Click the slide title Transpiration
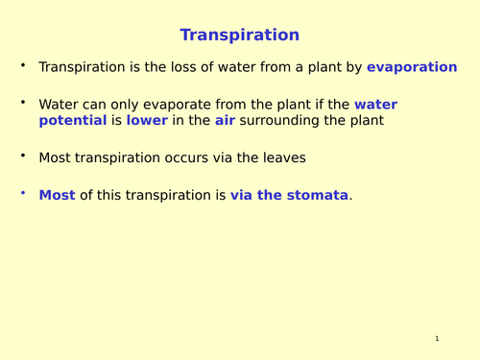(x=239, y=36)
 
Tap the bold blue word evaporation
(x=412, y=67)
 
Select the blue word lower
(x=147, y=121)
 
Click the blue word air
(x=224, y=121)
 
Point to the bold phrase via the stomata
(x=289, y=195)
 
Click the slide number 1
(x=436, y=339)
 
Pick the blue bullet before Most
(x=23, y=194)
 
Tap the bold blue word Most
(x=57, y=195)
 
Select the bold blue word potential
(x=72, y=121)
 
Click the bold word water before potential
(x=375, y=105)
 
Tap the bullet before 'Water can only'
(x=23, y=104)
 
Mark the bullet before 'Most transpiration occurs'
(x=23, y=156)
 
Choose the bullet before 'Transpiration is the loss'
(x=23, y=66)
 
